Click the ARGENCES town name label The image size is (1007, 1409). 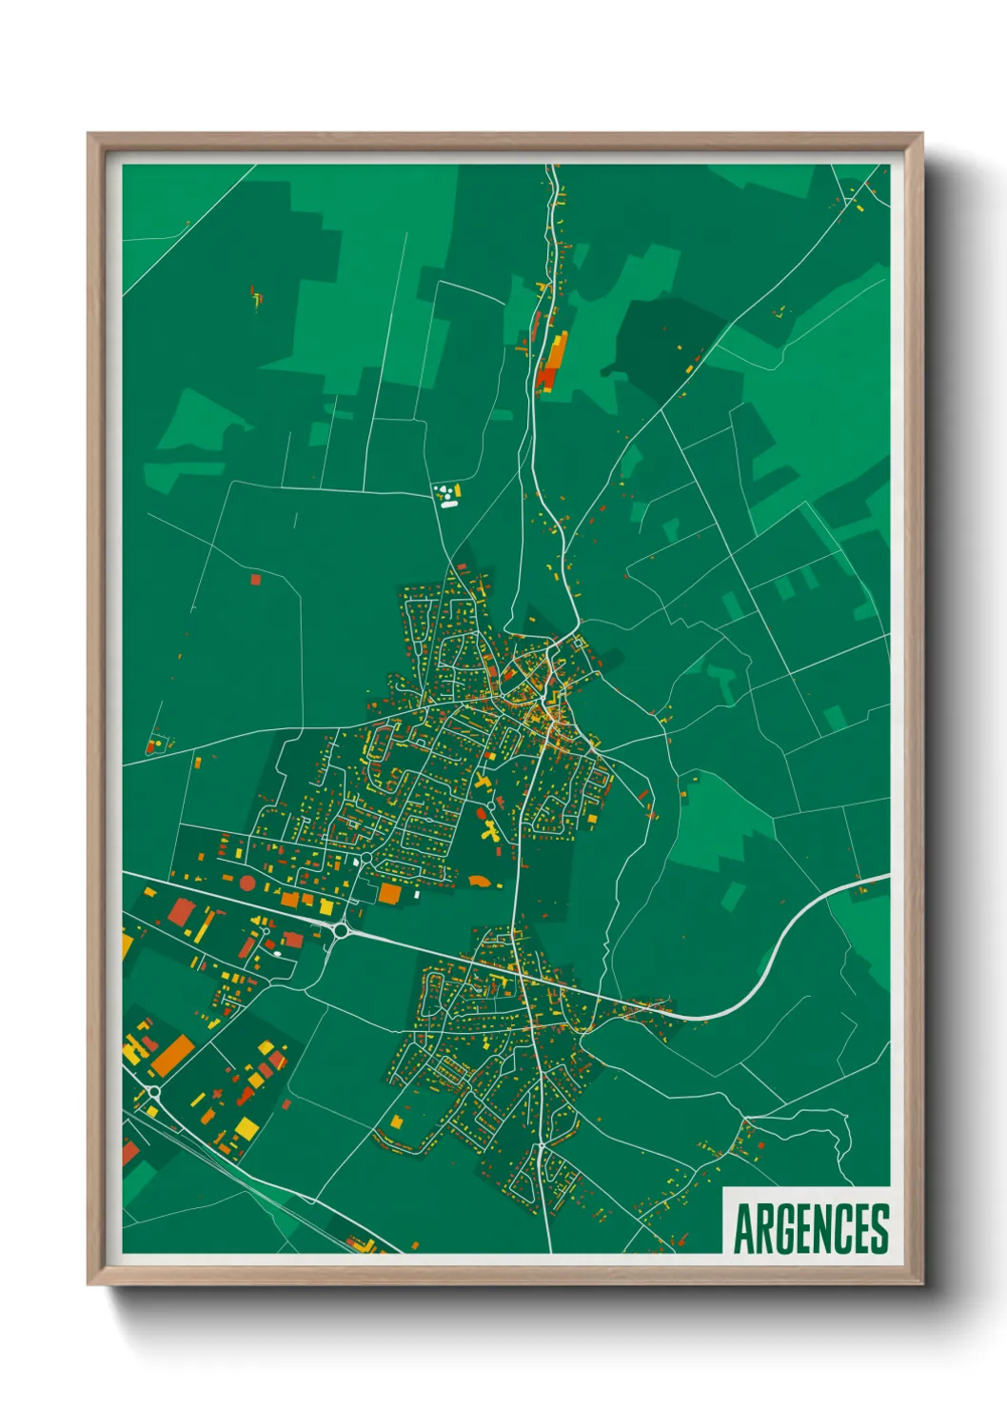(811, 1228)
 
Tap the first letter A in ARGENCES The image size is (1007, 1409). (743, 1229)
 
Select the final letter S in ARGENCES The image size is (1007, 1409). (879, 1229)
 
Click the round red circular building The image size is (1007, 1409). (247, 883)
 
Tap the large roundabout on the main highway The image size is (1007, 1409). (340, 930)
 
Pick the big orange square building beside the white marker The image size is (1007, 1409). (389, 893)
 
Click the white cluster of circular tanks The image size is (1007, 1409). (444, 493)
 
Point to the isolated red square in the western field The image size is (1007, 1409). (254, 578)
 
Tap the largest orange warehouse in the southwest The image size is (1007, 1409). (173, 1055)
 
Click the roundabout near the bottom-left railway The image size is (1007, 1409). (153, 1092)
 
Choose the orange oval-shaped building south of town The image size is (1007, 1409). (481, 882)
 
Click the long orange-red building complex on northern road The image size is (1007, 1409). (550, 362)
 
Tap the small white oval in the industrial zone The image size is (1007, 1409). (277, 953)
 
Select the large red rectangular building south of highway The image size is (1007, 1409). (180, 912)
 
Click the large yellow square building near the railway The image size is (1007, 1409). (247, 1129)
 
